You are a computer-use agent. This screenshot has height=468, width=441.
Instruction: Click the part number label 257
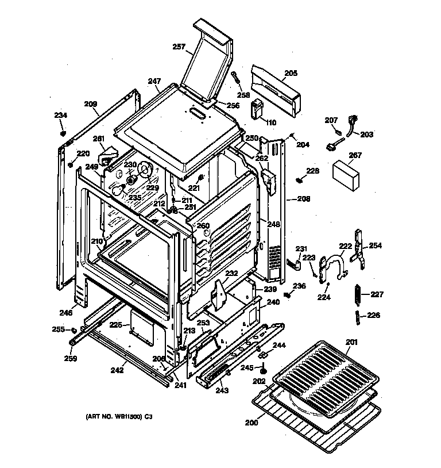pos(180,48)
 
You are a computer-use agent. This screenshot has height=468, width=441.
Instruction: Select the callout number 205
pos(291,74)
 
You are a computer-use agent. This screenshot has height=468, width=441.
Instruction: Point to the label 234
pos(61,116)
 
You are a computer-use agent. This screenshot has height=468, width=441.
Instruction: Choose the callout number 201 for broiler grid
pos(351,343)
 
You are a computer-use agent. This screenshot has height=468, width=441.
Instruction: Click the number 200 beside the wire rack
pos(251,423)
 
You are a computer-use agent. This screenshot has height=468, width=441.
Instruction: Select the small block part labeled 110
pos(257,110)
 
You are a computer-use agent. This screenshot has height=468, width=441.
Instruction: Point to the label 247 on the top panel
pos(153,82)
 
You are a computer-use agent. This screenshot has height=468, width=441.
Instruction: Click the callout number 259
pos(71,359)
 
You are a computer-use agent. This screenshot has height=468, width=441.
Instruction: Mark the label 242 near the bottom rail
pos(117,370)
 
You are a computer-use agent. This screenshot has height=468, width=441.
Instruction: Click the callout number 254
pos(375,246)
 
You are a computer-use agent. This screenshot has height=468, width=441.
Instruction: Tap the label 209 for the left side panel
pos(91,104)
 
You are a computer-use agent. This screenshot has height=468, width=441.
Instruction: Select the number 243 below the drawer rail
pos(222,390)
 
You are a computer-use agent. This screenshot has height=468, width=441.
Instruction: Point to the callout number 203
pos(366,135)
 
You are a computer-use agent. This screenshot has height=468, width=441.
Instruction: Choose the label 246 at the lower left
pos(66,313)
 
